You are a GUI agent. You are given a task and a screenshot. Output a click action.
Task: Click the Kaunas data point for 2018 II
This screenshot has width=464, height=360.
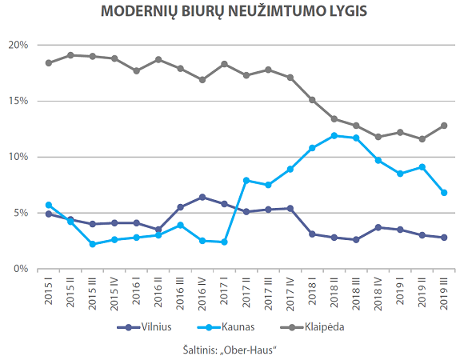click(334, 136)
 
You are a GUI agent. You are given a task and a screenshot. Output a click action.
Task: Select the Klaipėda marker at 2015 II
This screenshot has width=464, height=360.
click(70, 55)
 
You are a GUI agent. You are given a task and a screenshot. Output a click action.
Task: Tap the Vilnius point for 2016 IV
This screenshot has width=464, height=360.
click(202, 198)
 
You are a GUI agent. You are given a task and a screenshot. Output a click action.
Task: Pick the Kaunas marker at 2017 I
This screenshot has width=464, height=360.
click(224, 242)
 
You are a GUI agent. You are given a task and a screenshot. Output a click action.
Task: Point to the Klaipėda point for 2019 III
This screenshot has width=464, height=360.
click(444, 126)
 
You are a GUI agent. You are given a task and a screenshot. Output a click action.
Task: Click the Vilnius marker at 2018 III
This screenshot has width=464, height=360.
click(356, 240)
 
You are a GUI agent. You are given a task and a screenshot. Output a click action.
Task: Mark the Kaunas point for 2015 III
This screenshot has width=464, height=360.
click(92, 244)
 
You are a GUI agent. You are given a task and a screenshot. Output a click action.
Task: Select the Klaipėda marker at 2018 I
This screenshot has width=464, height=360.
click(312, 100)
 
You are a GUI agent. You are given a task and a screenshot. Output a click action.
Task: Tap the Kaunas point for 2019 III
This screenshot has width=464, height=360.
click(444, 193)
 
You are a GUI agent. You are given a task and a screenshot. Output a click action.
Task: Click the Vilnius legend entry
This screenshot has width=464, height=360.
click(145, 327)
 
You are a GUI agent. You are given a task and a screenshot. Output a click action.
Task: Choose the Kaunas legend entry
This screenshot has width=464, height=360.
click(226, 327)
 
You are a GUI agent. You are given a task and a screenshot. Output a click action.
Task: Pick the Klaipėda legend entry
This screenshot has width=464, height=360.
click(312, 327)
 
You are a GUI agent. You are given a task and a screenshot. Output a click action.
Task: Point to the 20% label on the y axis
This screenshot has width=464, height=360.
click(18, 45)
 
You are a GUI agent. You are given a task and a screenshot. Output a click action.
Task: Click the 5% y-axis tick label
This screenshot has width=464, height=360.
click(21, 213)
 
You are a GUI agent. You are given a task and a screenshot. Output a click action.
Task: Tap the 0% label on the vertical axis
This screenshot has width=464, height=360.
click(21, 269)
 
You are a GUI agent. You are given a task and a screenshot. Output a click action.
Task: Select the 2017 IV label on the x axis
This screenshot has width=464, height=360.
click(290, 294)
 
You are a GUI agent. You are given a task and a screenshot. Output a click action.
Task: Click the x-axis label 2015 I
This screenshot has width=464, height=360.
click(49, 291)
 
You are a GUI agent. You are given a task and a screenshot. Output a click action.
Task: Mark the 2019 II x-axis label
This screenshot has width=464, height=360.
click(422, 293)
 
